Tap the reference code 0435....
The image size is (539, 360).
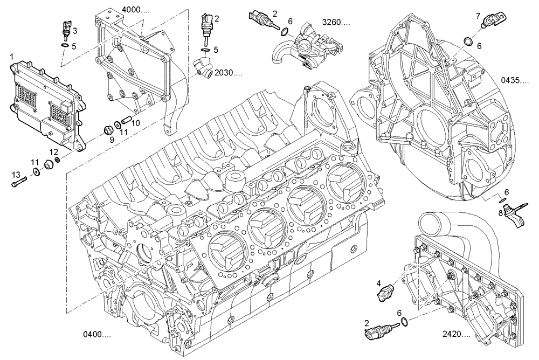pyautogui.click(x=514, y=80)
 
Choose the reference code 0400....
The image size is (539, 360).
pyautogui.click(x=97, y=335)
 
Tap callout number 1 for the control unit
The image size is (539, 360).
pyautogui.click(x=12, y=56)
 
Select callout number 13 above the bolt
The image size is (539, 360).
pyautogui.click(x=16, y=174)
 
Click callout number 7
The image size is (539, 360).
pyautogui.click(x=478, y=17)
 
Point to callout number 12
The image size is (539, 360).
pyautogui.click(x=54, y=151)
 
